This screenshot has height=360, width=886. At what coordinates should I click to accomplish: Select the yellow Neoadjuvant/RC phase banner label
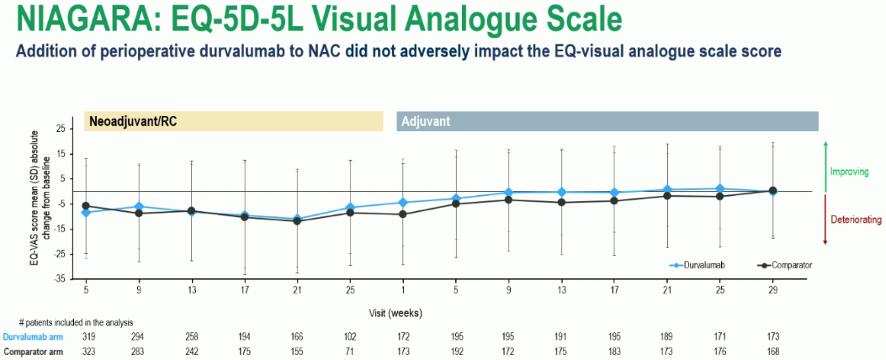(126, 121)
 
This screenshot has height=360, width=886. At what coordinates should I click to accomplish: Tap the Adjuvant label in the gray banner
(426, 121)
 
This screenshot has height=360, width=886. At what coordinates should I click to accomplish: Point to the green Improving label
(849, 172)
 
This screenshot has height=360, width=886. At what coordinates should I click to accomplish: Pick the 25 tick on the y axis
(60, 130)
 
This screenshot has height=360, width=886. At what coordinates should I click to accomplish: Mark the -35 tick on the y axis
(58, 278)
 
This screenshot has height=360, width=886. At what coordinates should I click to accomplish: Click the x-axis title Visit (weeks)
(395, 311)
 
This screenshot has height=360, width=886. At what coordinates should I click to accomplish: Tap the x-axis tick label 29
(772, 289)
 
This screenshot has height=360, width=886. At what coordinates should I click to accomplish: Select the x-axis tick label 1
(402, 289)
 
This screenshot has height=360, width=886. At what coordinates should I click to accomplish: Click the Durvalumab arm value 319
(86, 336)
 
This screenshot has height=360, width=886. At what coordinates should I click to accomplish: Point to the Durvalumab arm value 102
(350, 336)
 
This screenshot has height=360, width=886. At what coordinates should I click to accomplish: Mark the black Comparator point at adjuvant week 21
(667, 196)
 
